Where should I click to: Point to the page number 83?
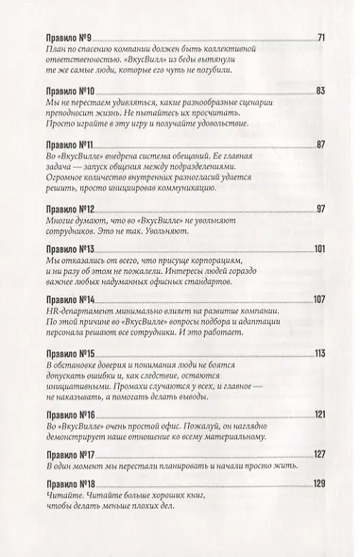click(x=320, y=91)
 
